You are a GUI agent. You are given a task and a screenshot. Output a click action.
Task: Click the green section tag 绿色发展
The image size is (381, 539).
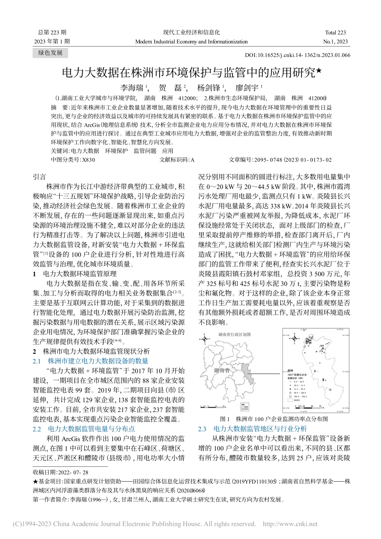(x=51, y=53)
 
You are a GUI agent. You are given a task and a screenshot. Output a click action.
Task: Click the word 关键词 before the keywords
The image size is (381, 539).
(x=60, y=151)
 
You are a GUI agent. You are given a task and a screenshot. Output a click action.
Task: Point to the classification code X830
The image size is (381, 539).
(x=89, y=160)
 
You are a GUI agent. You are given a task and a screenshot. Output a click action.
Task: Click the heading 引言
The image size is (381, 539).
(x=39, y=177)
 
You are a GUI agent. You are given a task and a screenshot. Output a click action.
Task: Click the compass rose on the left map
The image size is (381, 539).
(x=205, y=339)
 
